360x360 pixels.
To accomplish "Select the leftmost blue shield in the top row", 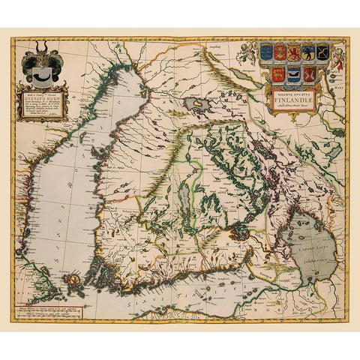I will click(x=265, y=52).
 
